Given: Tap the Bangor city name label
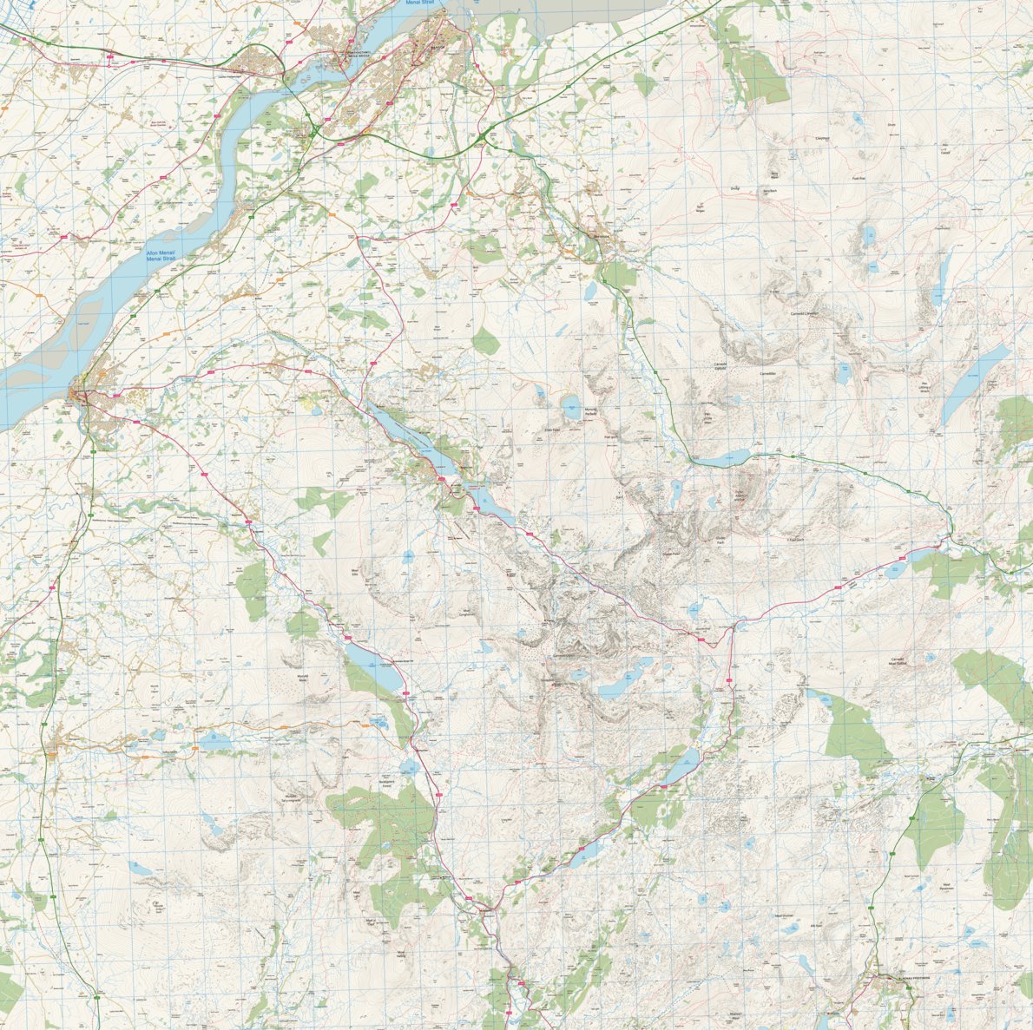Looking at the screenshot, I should pos(438,48).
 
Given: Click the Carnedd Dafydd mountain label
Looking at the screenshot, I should pos(719,366).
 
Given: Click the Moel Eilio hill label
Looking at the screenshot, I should pos(355,572).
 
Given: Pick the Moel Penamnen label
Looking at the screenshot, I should pos(946,887).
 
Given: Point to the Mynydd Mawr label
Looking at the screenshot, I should pos(303,676).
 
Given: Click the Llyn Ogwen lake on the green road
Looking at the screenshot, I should pos(720,458).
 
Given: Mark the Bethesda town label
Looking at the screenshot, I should pos(602,236).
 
